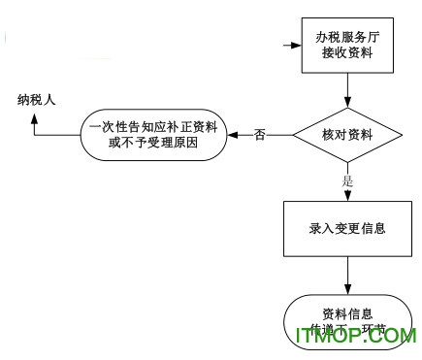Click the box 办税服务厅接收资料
347,47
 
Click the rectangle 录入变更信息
348,230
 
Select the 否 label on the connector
259,134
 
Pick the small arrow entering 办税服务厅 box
289,46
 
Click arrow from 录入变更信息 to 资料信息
348,281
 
